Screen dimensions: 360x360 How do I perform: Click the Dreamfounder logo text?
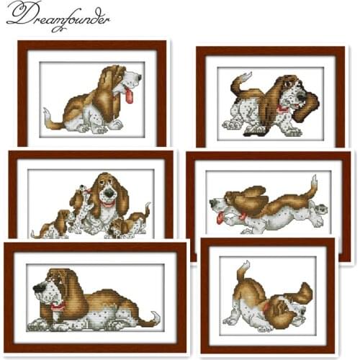pyautogui.click(x=58, y=16)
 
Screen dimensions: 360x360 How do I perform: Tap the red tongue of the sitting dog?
pyautogui.click(x=129, y=96)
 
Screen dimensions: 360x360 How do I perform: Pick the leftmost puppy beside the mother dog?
pyautogui.click(x=53, y=225)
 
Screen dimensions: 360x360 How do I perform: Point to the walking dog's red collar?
pyautogui.click(x=283, y=109)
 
